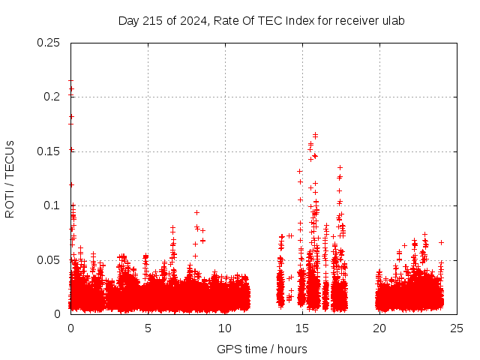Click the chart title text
click(x=261, y=20)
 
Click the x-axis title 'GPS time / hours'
click(x=262, y=349)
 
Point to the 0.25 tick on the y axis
click(x=49, y=43)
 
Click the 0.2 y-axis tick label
click(x=52, y=97)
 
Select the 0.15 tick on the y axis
click(x=49, y=151)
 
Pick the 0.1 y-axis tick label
click(x=52, y=205)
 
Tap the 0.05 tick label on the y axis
click(x=49, y=260)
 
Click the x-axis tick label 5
click(x=148, y=328)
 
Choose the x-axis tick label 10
click(x=225, y=328)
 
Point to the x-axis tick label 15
click(x=302, y=328)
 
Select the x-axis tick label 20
click(x=379, y=328)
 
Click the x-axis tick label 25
click(x=457, y=328)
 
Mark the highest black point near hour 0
click(x=70, y=80)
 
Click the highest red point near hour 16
click(x=315, y=135)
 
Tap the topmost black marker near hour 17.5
click(x=340, y=167)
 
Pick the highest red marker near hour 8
click(x=196, y=212)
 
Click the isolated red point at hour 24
click(x=442, y=242)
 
